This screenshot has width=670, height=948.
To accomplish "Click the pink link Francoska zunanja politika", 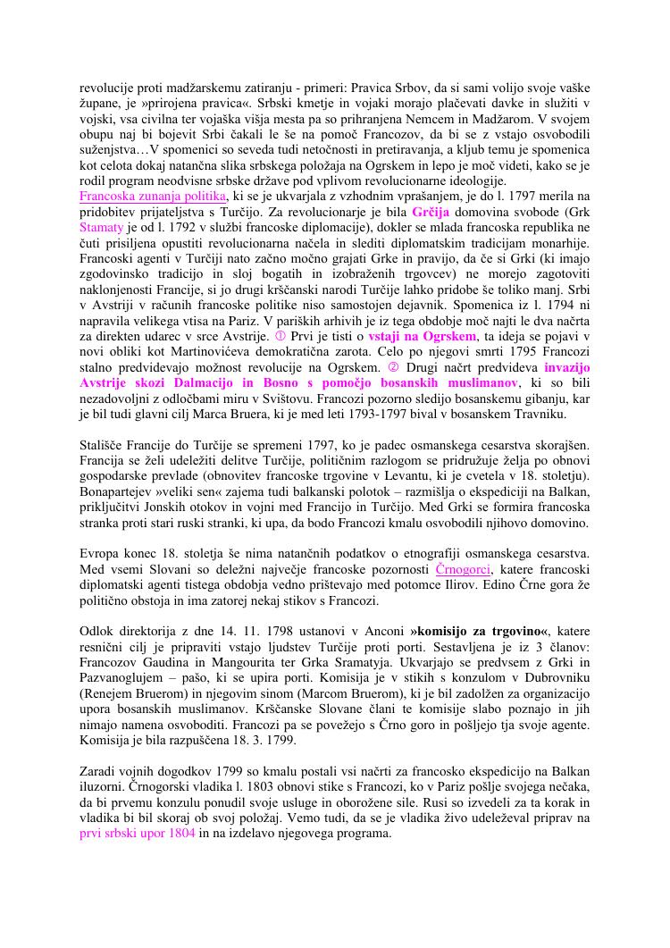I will [x=153, y=195].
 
